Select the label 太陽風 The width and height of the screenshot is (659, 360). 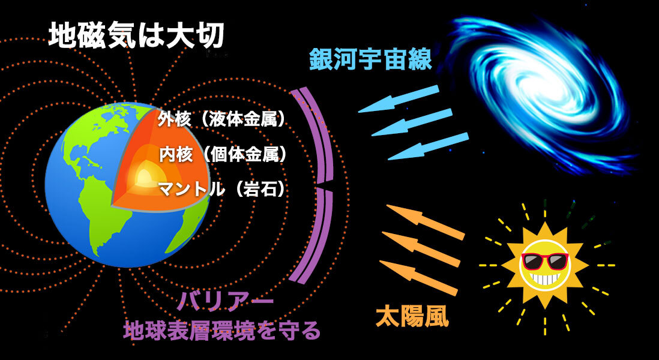click(412, 317)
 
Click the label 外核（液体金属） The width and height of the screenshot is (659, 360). click(221, 120)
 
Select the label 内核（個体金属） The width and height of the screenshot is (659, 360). click(223, 155)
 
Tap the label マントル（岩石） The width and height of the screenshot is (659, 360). click(222, 190)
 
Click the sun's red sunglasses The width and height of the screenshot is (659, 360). click(545, 261)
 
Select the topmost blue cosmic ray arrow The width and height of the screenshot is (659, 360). click(399, 99)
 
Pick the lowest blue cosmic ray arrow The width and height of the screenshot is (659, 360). click(428, 146)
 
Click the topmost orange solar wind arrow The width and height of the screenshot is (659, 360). click(426, 222)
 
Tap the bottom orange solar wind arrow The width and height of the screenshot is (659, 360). click(418, 278)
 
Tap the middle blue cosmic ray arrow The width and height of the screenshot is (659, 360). click(412, 122)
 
